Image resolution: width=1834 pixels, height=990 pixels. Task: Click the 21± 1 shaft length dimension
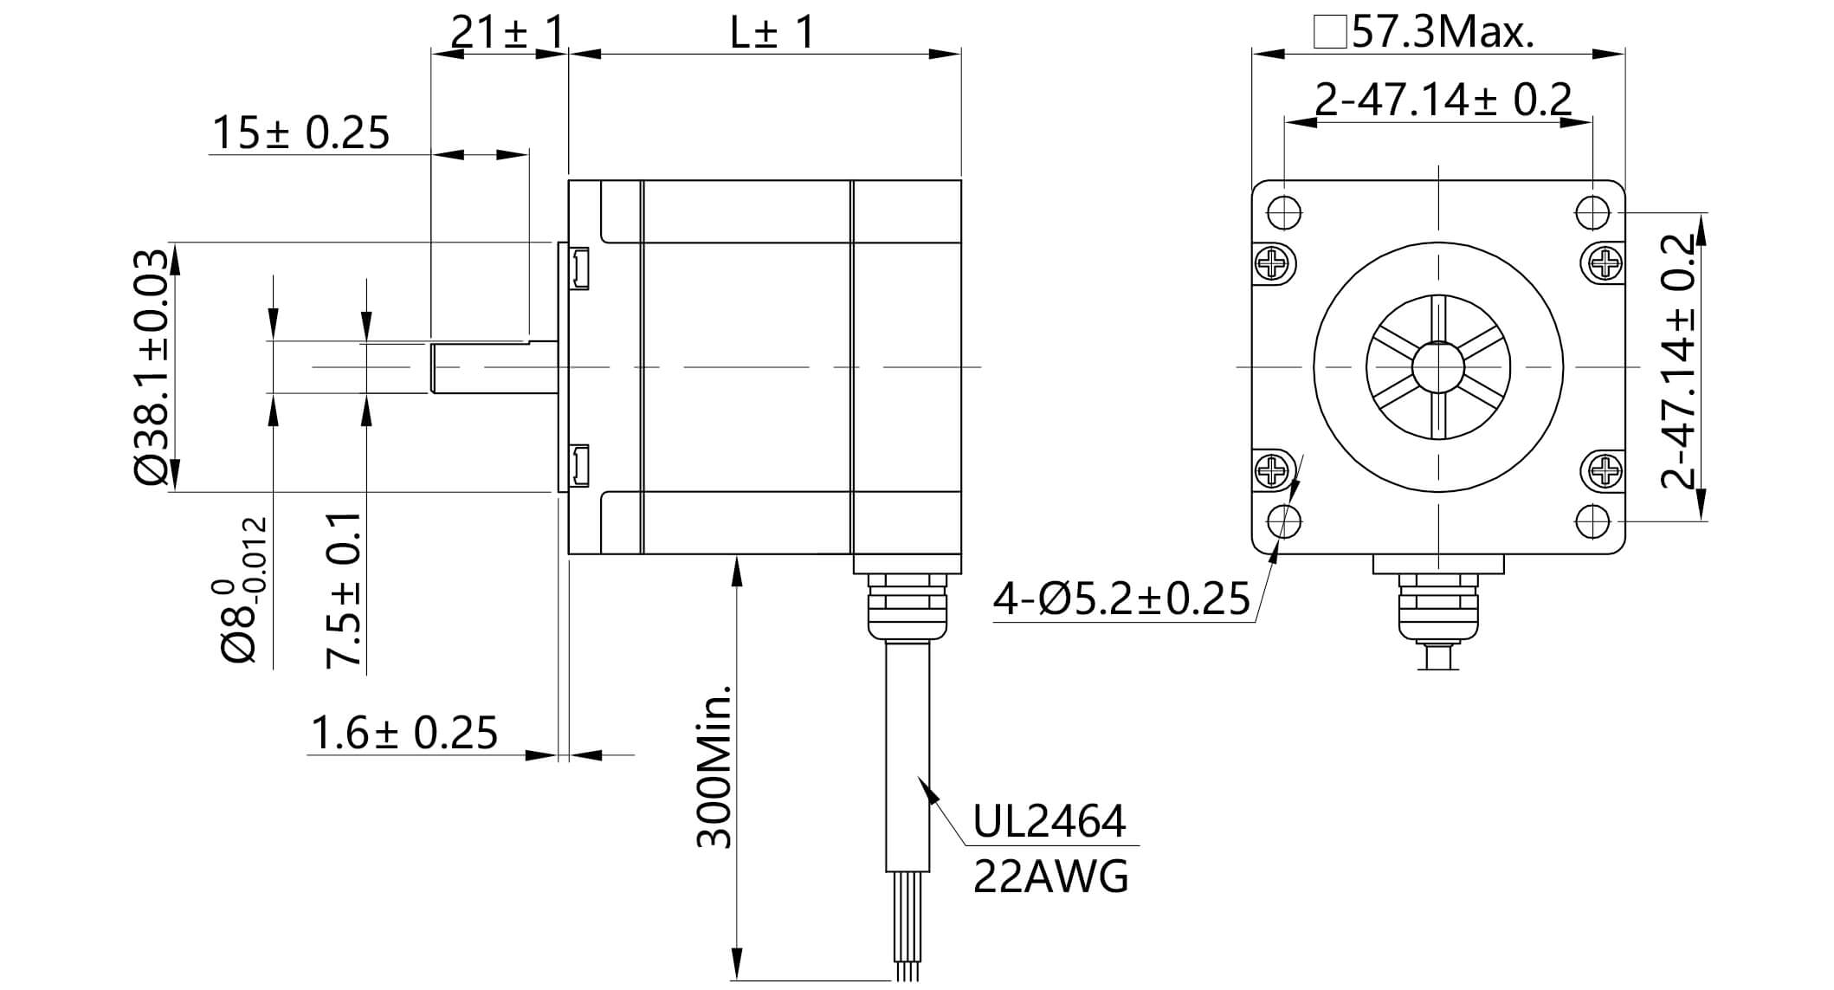(507, 33)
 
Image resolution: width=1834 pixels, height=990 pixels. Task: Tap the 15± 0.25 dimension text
(300, 133)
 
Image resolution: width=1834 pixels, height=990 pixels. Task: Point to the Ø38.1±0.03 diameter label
(151, 367)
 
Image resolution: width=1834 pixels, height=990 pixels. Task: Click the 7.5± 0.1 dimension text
(344, 590)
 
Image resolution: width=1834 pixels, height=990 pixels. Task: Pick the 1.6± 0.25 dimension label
(404, 733)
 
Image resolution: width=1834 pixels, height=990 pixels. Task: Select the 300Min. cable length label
(714, 767)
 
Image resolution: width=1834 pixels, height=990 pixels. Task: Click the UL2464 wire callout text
(1049, 822)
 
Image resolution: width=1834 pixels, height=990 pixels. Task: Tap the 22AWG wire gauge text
(1050, 877)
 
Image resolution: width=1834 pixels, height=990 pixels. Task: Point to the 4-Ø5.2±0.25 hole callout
(1120, 599)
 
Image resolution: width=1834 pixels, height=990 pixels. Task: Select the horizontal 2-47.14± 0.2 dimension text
(1443, 100)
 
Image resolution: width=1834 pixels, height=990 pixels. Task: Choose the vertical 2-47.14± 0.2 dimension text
(1678, 362)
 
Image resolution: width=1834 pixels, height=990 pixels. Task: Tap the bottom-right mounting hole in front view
(1592, 521)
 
